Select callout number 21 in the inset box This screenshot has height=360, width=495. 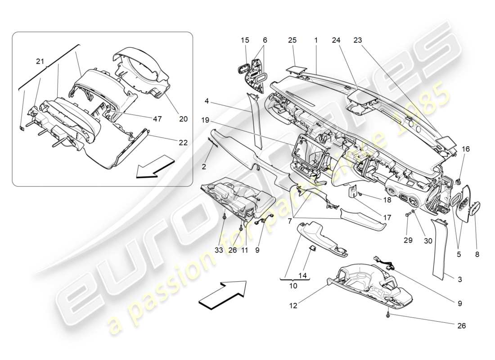pos(40,62)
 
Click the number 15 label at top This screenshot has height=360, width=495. pos(245,40)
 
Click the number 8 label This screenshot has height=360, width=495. pos(477,254)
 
